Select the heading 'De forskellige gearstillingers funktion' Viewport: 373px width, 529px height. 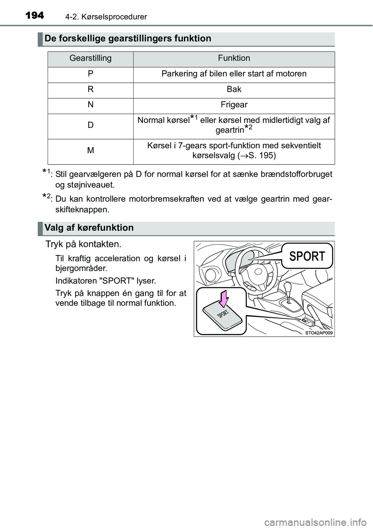[x=128, y=39]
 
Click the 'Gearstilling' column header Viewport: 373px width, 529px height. [x=91, y=58]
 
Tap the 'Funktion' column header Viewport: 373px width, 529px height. [x=234, y=58]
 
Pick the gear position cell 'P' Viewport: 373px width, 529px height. [x=91, y=74]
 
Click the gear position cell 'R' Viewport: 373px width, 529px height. [x=91, y=89]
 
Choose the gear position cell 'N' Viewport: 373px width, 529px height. [x=91, y=105]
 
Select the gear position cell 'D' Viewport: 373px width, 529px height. [x=91, y=125]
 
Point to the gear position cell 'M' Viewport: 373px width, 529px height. [x=91, y=151]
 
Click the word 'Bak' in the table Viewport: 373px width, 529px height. [x=234, y=89]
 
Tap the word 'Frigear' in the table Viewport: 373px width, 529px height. [x=234, y=105]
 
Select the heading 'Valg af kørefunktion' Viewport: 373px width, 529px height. [x=89, y=228]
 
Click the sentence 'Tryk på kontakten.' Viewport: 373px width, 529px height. [x=84, y=244]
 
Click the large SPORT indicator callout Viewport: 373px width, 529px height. [x=307, y=256]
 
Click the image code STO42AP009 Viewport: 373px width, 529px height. [x=319, y=333]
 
